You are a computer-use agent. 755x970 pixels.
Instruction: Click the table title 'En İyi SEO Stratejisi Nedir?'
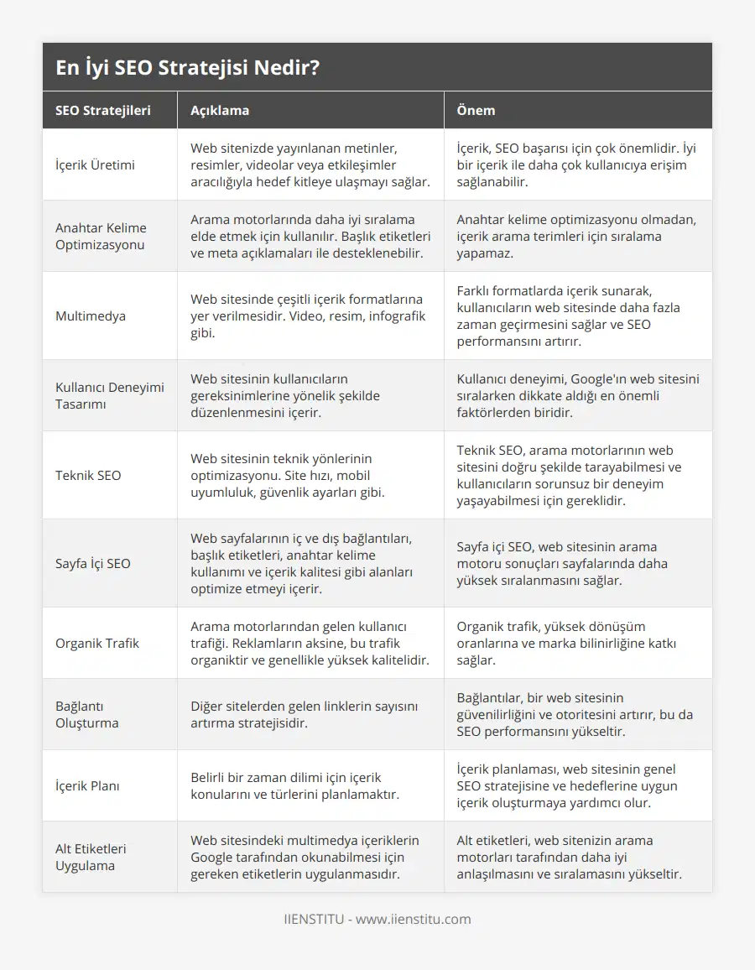(x=187, y=68)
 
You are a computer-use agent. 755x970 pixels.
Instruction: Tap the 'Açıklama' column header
(x=220, y=110)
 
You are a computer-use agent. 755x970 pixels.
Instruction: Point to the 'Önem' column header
(x=476, y=110)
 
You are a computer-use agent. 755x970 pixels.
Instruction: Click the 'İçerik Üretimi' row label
(x=95, y=164)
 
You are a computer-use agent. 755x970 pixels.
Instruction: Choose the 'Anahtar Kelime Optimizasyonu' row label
(x=101, y=236)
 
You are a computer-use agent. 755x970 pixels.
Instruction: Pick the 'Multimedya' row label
(x=91, y=316)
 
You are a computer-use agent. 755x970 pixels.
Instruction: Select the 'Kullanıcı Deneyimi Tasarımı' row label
(x=109, y=395)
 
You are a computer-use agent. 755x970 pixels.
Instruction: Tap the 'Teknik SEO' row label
(x=88, y=475)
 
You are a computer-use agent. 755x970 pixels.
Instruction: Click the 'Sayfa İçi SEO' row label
(x=93, y=563)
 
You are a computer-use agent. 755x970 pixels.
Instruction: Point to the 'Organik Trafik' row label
(x=97, y=643)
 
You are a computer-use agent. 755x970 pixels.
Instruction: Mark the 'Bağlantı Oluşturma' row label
(x=87, y=714)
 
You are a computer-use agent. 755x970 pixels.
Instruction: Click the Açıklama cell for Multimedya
(x=307, y=316)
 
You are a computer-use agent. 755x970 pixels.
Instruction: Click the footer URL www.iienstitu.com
(x=413, y=919)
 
